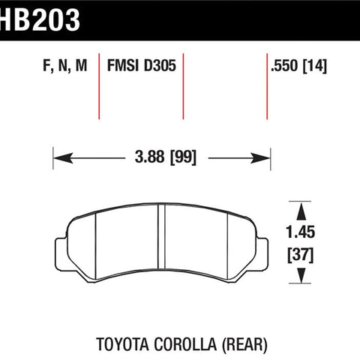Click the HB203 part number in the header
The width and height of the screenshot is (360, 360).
(x=40, y=20)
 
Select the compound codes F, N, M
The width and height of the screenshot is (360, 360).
(x=65, y=66)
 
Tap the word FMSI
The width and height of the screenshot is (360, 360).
(x=123, y=65)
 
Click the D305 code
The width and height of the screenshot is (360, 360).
(x=160, y=65)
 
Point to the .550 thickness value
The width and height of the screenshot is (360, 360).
(x=284, y=66)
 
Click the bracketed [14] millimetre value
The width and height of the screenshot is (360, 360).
(x=315, y=66)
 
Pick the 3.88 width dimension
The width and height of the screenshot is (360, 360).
(x=149, y=157)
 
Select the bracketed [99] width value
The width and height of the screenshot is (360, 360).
(x=183, y=157)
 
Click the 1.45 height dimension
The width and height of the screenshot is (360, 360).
(x=300, y=232)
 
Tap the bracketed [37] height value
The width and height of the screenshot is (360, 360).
(x=301, y=255)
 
